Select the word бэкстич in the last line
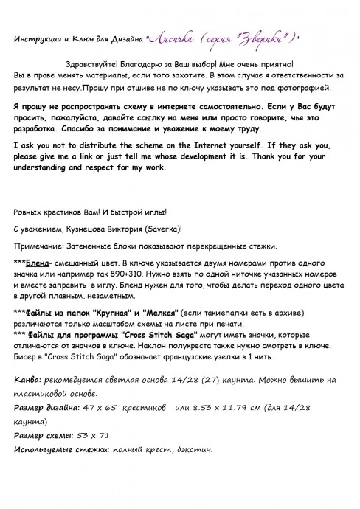coord(193,449)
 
